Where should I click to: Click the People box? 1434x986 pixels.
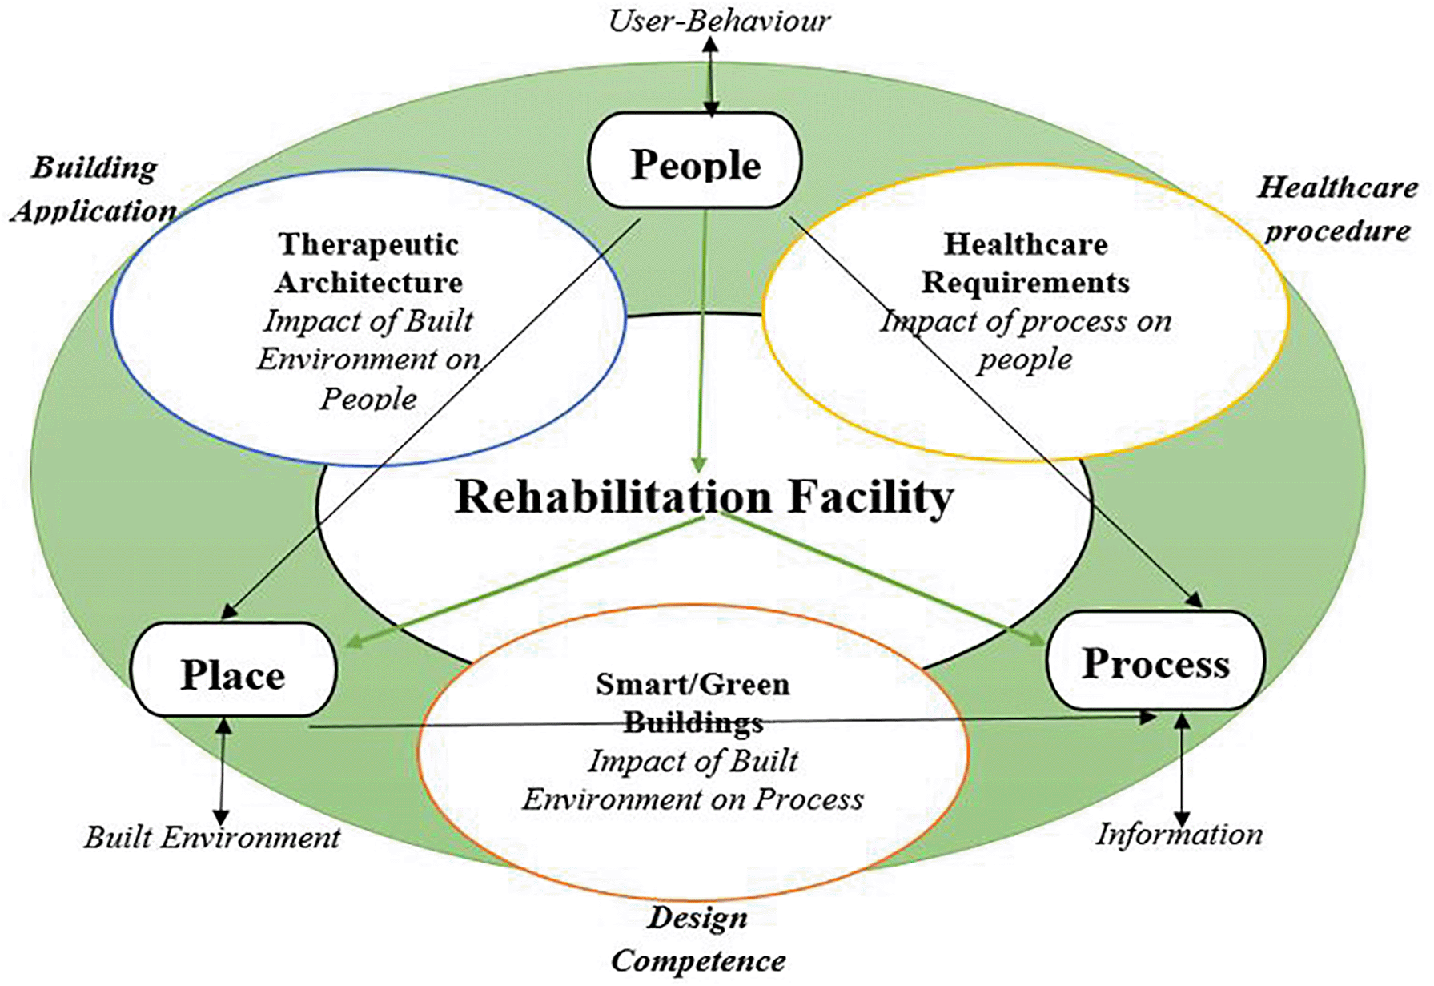[694, 162]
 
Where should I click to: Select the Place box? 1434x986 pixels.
[233, 671]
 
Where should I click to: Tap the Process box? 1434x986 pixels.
[1155, 662]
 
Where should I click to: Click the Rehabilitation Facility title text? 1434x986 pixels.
[704, 496]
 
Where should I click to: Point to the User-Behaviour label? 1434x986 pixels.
[718, 20]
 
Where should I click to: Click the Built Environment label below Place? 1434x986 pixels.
[212, 837]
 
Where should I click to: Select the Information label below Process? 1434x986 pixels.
[1179, 834]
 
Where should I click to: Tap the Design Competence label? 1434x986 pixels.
[698, 939]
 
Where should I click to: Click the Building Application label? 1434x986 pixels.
[94, 189]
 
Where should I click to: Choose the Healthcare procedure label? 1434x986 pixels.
[1337, 208]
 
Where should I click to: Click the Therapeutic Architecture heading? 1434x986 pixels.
[368, 263]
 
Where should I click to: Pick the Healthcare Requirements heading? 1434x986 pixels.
[1025, 263]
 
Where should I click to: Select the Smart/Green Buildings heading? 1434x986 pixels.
[693, 702]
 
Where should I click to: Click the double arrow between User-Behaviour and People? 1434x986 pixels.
[711, 77]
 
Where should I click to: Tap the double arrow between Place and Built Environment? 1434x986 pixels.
[223, 771]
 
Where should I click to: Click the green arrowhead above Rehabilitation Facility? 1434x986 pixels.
[699, 464]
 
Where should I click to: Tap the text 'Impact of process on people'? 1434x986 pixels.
[1025, 340]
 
